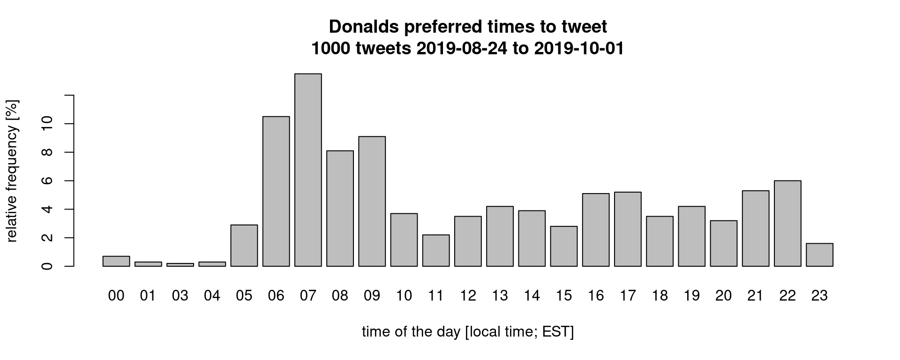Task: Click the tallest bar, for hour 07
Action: [x=308, y=170]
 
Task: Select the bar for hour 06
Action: [x=276, y=191]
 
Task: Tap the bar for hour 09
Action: [x=372, y=201]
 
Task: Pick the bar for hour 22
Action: [x=787, y=223]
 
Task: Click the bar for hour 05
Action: [x=244, y=246]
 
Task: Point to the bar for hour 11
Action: [x=436, y=250]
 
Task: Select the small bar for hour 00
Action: [x=116, y=261]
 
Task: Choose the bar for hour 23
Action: [x=819, y=255]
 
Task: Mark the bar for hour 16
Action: [x=596, y=230]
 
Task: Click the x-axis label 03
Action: [x=180, y=296]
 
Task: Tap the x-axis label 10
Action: [x=404, y=296]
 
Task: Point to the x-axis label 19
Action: [x=692, y=296]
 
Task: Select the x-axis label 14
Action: [x=532, y=296]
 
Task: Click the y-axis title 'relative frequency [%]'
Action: [x=12, y=171]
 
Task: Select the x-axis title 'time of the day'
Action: [x=411, y=332]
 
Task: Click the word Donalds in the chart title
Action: [x=364, y=27]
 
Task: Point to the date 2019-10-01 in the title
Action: [x=579, y=48]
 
